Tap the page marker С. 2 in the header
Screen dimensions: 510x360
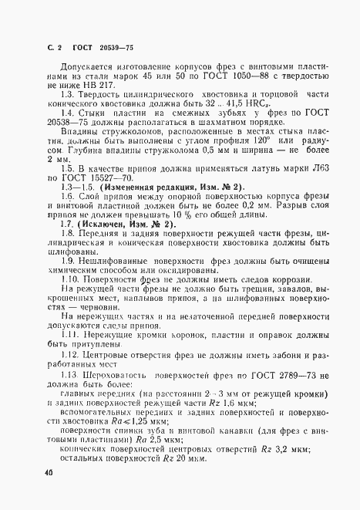(52, 36)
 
